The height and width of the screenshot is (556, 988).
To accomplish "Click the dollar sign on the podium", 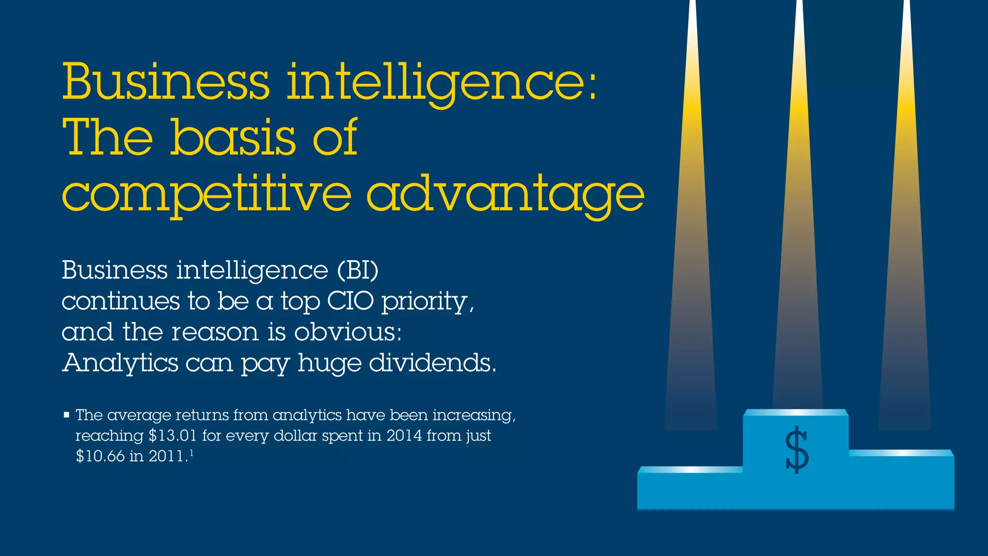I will (x=796, y=449).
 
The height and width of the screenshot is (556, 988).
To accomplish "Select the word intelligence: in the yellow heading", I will (x=442, y=83).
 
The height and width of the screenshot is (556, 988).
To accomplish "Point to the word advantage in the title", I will (x=505, y=195).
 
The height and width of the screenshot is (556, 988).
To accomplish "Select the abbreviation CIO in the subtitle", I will (x=350, y=301).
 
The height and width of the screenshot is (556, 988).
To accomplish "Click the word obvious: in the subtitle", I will (x=348, y=332).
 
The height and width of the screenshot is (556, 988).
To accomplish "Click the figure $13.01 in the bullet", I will (x=173, y=436).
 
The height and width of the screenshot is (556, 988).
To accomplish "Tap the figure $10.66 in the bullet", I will (x=100, y=456).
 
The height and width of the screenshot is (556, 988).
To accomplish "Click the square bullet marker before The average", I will (x=67, y=415).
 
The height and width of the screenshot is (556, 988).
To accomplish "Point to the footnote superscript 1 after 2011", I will (x=192, y=453).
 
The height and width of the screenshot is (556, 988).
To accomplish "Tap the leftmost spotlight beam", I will (x=692, y=241).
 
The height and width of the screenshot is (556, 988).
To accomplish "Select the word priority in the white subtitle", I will (x=425, y=302).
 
